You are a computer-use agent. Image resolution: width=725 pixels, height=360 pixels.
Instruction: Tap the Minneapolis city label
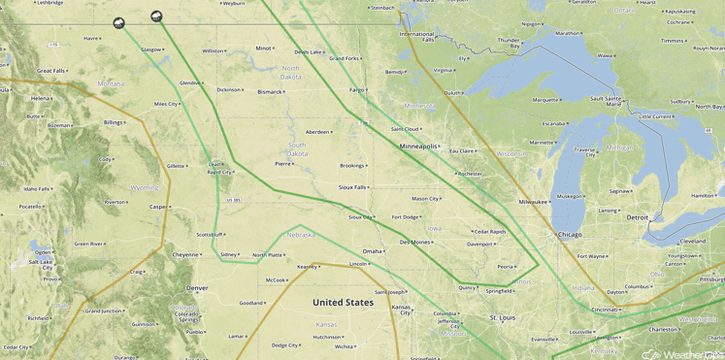[x=419, y=146]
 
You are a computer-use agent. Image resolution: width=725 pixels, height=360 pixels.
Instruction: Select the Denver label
[x=197, y=288]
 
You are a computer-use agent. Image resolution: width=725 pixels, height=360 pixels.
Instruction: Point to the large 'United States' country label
[x=343, y=303]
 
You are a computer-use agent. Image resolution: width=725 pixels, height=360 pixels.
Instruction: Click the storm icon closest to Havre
[x=118, y=22]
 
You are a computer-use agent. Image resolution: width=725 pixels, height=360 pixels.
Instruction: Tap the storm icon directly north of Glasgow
[x=156, y=16]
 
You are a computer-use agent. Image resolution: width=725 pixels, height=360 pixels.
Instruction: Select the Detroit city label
[x=637, y=217]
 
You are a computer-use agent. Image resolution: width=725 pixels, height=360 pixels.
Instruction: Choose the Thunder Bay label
[x=509, y=43]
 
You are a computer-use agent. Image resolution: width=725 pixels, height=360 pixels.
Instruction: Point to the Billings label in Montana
[x=113, y=122]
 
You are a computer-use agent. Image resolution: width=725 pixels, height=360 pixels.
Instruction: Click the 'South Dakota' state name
[x=297, y=148]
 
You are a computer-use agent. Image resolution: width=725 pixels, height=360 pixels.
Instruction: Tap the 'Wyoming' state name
[x=144, y=187]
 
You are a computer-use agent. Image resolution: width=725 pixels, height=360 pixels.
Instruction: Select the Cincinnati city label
[x=605, y=310]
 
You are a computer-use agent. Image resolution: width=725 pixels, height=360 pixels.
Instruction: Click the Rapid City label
[x=219, y=172]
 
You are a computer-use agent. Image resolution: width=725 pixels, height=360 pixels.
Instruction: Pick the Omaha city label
[x=372, y=251]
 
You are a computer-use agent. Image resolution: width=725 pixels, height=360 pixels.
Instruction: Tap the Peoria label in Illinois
[x=505, y=266]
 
